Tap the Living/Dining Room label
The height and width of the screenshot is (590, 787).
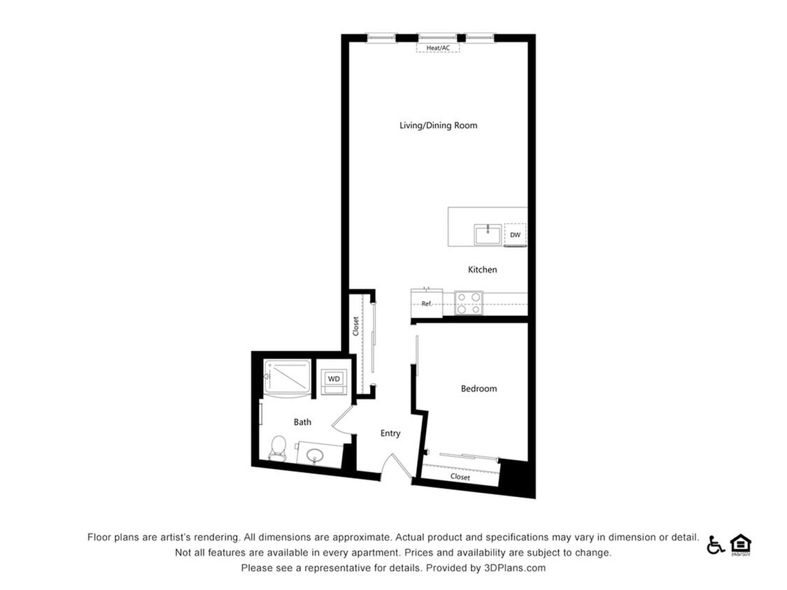(x=438, y=126)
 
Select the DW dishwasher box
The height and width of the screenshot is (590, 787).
(x=515, y=235)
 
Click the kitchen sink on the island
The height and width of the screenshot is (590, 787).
(x=488, y=234)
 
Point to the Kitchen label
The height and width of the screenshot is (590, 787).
(x=482, y=270)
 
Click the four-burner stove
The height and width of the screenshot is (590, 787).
(x=468, y=303)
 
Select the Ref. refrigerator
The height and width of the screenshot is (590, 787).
(x=427, y=303)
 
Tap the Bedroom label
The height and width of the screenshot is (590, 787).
(x=478, y=389)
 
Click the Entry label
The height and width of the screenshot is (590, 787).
(x=390, y=433)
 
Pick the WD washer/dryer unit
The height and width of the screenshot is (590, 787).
(x=334, y=379)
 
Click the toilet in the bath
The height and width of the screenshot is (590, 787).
(x=278, y=447)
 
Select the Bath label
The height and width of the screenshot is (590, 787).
(x=302, y=422)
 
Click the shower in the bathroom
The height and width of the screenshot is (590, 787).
(x=287, y=377)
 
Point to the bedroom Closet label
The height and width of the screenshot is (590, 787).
(x=460, y=477)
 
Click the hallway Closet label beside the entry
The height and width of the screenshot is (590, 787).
(x=356, y=326)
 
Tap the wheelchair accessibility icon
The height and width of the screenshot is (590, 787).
(x=715, y=545)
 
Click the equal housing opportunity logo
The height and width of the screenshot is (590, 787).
(x=740, y=545)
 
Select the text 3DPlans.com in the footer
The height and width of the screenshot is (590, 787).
(x=514, y=568)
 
